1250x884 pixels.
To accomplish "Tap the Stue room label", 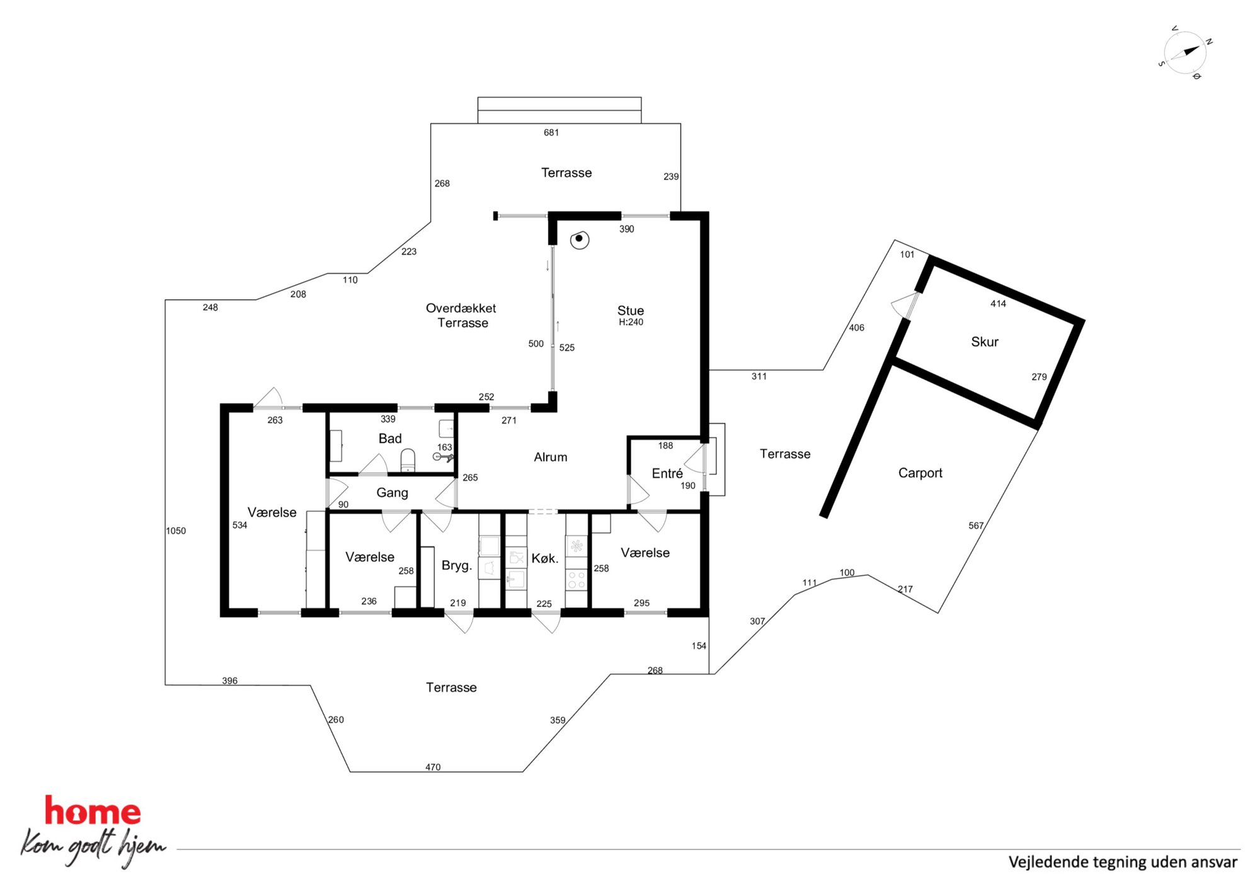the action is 630,311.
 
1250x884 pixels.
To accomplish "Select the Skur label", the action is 984,342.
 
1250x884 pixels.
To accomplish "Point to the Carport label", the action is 920,473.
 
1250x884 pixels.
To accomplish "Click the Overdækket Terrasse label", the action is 461,316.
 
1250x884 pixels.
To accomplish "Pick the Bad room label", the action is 390,439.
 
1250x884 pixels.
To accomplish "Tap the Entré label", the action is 667,473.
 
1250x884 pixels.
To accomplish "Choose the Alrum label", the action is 550,457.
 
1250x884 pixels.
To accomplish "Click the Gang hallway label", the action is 392,493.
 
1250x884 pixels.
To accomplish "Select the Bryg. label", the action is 457,566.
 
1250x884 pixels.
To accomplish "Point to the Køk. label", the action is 545,558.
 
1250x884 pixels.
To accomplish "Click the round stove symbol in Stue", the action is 579,239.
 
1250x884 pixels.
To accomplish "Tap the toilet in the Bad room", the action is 408,460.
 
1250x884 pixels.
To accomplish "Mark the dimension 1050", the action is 176,531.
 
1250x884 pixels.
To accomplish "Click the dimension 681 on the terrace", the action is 551,132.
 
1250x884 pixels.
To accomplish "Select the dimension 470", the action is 433,767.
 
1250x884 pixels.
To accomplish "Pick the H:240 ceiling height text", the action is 631,322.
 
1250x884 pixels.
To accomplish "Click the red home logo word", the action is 92,811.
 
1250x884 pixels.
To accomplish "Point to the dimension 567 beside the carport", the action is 976,525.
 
